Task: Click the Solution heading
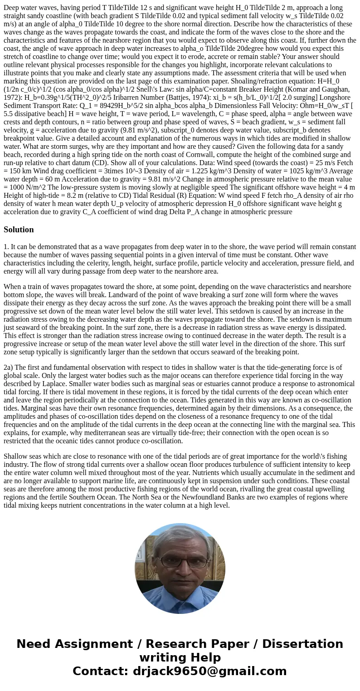tap(19, 230)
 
